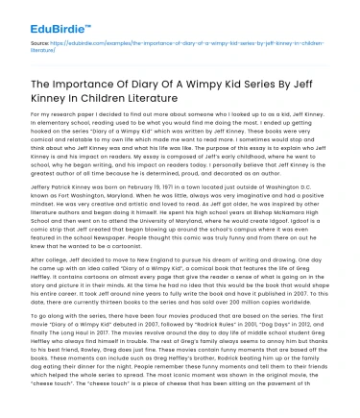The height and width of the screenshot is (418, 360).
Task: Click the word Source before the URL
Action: pyautogui.click(x=40, y=43)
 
